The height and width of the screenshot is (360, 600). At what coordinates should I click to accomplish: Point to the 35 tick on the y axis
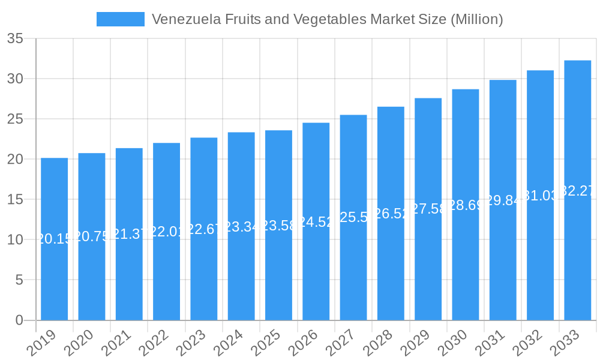[15, 39]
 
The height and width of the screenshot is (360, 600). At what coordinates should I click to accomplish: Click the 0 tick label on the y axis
[19, 320]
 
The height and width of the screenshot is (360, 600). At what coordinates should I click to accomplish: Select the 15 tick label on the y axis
[15, 200]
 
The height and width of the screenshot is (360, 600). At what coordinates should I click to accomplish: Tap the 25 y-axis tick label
[15, 119]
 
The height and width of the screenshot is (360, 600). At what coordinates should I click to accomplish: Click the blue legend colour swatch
[121, 19]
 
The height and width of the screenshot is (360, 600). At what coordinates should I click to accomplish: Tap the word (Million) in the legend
[475, 19]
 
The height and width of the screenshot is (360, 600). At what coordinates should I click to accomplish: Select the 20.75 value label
[92, 236]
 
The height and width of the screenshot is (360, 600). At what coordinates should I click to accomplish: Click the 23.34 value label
[241, 227]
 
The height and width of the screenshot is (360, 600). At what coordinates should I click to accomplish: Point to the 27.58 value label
[428, 209]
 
